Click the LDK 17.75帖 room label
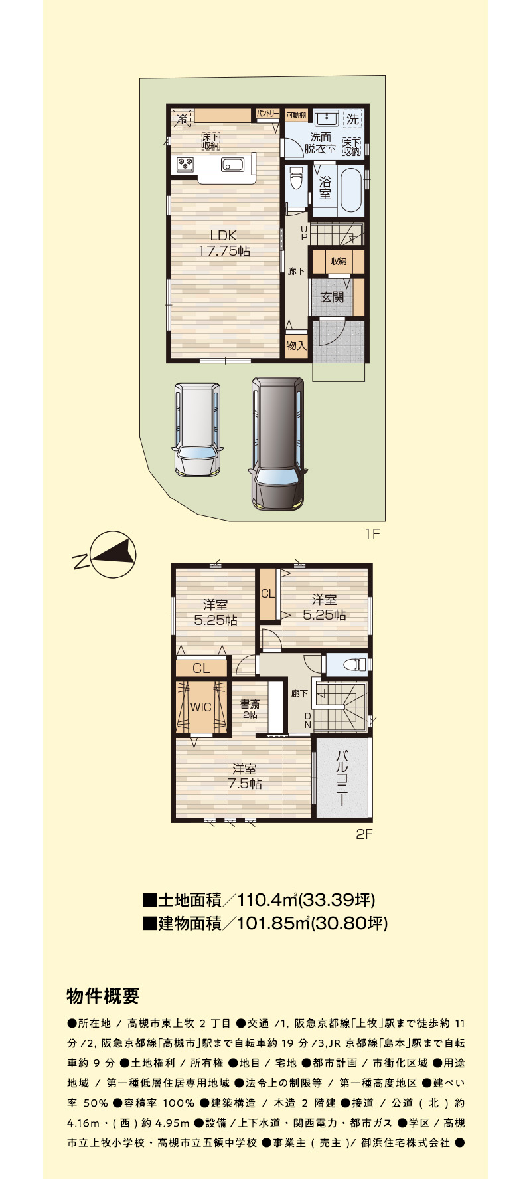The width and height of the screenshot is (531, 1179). click(x=224, y=243)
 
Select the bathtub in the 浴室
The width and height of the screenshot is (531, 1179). click(x=350, y=189)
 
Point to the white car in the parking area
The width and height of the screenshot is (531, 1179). click(x=196, y=429)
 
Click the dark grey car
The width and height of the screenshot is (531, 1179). click(x=279, y=444)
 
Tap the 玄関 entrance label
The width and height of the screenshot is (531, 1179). click(x=332, y=297)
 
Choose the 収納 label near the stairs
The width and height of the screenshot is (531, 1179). click(x=339, y=262)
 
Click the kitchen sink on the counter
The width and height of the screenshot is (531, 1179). click(x=232, y=164)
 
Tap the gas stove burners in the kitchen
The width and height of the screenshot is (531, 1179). click(x=185, y=164)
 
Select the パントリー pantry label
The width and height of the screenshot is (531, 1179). click(x=267, y=114)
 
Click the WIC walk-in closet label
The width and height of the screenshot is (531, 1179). click(x=200, y=707)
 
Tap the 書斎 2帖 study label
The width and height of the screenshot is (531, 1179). click(x=250, y=709)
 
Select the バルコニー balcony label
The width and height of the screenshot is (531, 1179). click(x=342, y=778)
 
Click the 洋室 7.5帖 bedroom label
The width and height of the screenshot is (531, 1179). click(x=244, y=776)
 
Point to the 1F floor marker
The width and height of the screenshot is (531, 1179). click(x=372, y=534)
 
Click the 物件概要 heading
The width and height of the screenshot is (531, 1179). click(x=103, y=996)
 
